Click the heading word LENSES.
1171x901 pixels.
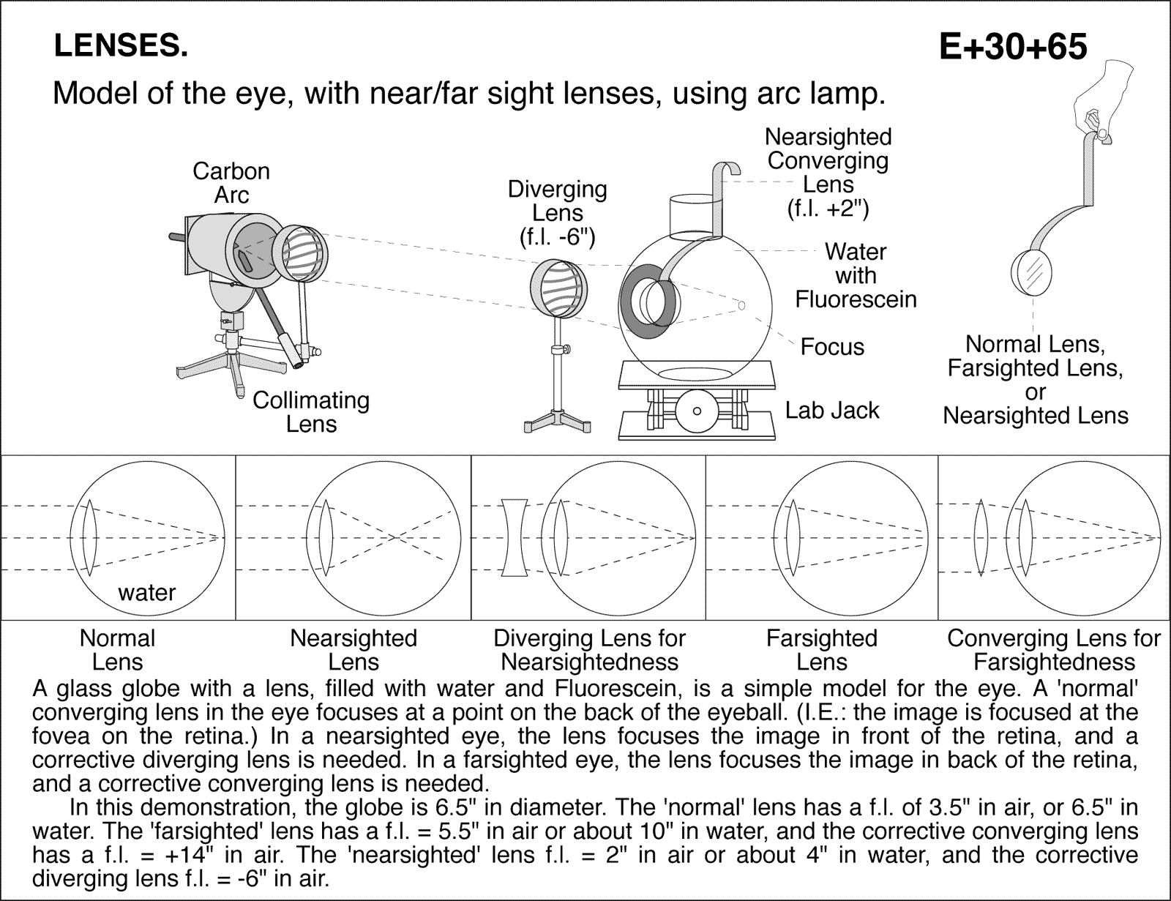(121, 46)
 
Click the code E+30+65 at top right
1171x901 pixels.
(1013, 47)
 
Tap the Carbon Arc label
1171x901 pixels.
(231, 183)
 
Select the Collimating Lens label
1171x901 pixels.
(311, 412)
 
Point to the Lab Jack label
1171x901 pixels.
(831, 411)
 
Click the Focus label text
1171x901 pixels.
(832, 346)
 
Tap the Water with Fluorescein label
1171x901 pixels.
(855, 275)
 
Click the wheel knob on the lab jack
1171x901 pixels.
(697, 411)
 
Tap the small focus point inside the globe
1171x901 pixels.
(741, 305)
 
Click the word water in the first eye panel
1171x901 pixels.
(146, 592)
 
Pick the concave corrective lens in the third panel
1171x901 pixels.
(515, 538)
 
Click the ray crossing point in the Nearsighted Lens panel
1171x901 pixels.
(394, 538)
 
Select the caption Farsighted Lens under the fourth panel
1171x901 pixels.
(821, 650)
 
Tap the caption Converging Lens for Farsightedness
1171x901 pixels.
(1054, 650)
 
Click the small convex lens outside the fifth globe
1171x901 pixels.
(981, 538)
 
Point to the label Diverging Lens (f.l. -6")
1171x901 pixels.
(558, 213)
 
